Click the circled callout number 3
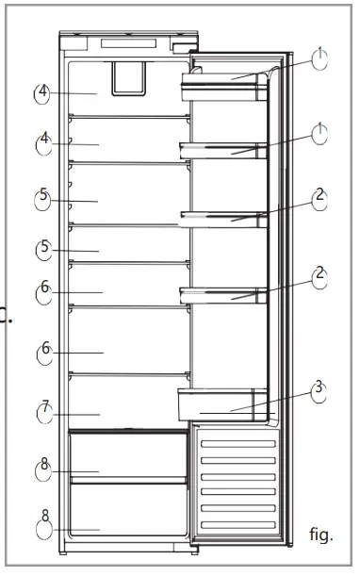pos(319,390)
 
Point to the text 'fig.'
pos(321,535)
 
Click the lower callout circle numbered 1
pos(320,133)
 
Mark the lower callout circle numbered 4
pos(44,141)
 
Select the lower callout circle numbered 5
pos(43,250)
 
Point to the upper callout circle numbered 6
pos(44,290)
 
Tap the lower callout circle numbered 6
pos(44,351)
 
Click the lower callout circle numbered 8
pos(44,519)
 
